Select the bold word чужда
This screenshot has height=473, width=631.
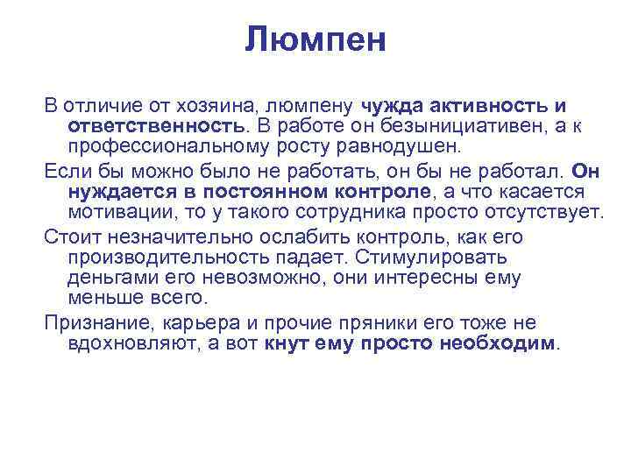point(392,106)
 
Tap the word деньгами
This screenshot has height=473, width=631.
point(106,279)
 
